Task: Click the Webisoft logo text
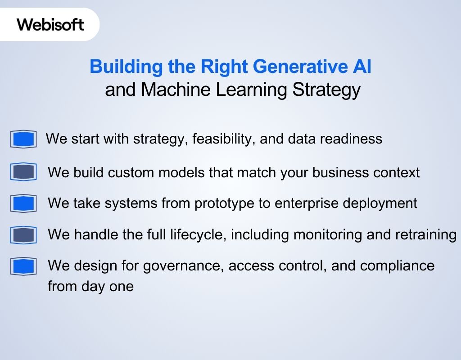pyautogui.click(x=50, y=24)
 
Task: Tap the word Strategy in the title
pyautogui.click(x=326, y=90)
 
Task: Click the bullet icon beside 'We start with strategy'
pyautogui.click(x=23, y=139)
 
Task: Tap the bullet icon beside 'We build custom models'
pyautogui.click(x=23, y=172)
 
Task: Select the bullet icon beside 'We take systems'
pyautogui.click(x=23, y=203)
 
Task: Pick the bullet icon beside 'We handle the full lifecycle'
pyautogui.click(x=23, y=234)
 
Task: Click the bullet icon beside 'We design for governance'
pyautogui.click(x=23, y=266)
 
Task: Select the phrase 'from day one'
pyautogui.click(x=90, y=287)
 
